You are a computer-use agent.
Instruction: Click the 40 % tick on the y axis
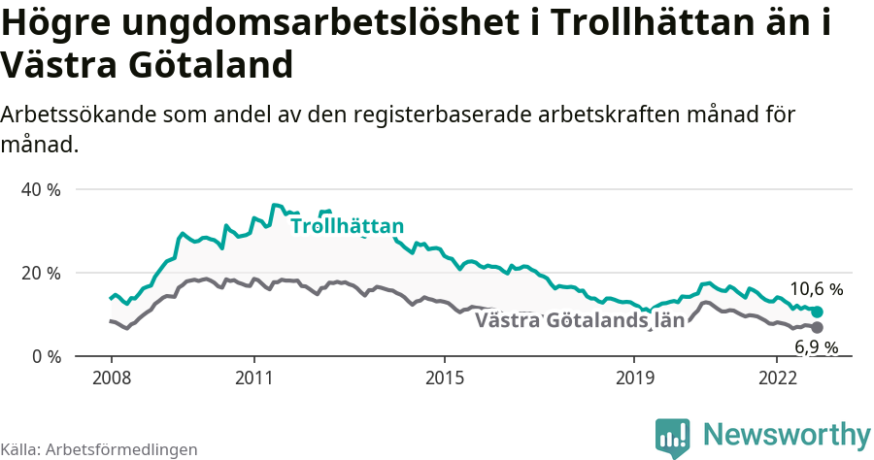click(x=41, y=189)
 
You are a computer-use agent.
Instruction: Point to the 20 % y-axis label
click(x=41, y=273)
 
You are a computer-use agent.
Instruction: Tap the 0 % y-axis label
click(x=45, y=356)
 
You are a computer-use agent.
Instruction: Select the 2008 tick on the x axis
click(x=111, y=377)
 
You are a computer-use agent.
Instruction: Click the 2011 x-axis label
click(x=253, y=377)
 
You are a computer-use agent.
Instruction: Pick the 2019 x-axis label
click(x=634, y=377)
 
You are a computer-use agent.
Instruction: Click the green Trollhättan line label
click(x=347, y=227)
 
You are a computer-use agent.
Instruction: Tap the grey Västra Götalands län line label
click(x=580, y=320)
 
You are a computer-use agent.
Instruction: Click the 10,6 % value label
click(x=816, y=289)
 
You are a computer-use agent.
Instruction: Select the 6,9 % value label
click(x=816, y=346)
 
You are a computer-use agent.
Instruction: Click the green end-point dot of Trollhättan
click(x=817, y=312)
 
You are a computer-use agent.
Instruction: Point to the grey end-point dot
click(x=817, y=327)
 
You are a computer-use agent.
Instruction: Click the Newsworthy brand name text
click(x=787, y=433)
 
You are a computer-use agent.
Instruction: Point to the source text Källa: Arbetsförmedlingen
click(x=99, y=449)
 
